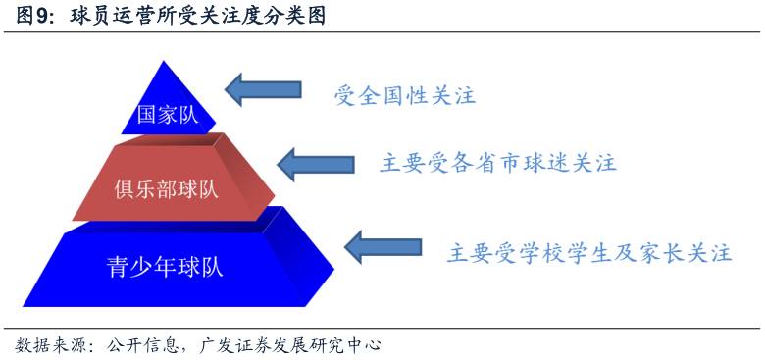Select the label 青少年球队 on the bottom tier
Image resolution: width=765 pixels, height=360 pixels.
tap(165, 266)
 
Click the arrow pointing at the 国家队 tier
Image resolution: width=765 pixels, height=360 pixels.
tap(263, 88)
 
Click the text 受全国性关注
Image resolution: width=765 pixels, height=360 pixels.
tap(404, 95)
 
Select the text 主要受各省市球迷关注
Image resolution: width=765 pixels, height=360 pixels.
tap(497, 163)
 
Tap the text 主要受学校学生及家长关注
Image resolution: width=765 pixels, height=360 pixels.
tap(588, 252)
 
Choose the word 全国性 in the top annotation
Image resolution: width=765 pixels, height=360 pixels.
tap(404, 95)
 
